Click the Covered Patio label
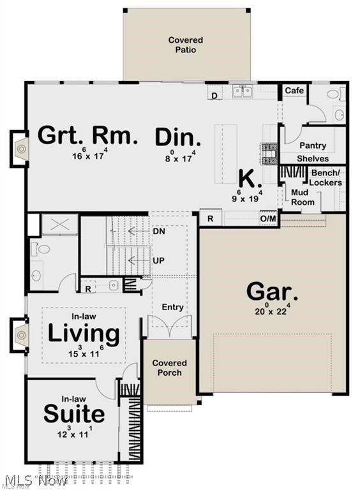186,45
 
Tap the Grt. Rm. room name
87,136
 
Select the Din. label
178,137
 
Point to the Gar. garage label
271,292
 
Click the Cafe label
294,91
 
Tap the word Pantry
313,145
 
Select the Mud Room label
303,197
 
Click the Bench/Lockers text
326,177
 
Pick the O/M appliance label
268,219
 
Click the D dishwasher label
214,96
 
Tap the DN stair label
159,231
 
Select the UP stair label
158,260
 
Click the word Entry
172,308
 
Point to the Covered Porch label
169,367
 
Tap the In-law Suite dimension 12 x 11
75,433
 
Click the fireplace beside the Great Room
19,149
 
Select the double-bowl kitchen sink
242,92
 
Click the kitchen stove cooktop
269,154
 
